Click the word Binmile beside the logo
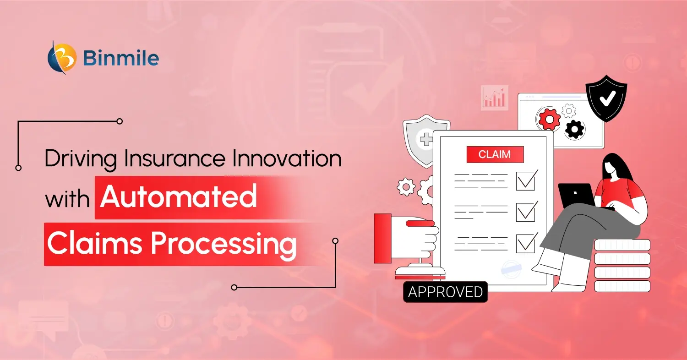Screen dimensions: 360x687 pyautogui.click(x=121, y=59)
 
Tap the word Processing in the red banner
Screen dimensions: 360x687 pyautogui.click(x=224, y=244)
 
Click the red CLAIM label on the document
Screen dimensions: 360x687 pyautogui.click(x=495, y=154)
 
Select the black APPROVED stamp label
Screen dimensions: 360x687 pyautogui.click(x=445, y=292)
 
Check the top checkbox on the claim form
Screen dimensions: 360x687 pyautogui.click(x=526, y=180)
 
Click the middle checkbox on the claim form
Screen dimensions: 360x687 pyautogui.click(x=526, y=212)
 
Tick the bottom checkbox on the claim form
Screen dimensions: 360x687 pyautogui.click(x=526, y=243)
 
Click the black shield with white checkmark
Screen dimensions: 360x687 pyautogui.click(x=607, y=98)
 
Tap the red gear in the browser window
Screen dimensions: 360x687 pyautogui.click(x=549, y=119)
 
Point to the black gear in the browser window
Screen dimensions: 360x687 pyautogui.click(x=575, y=129)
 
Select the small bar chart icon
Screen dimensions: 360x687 pyautogui.click(x=495, y=98)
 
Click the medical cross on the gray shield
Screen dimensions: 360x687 pyautogui.click(x=425, y=138)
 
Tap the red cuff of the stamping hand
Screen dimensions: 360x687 pyautogui.click(x=383, y=238)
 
